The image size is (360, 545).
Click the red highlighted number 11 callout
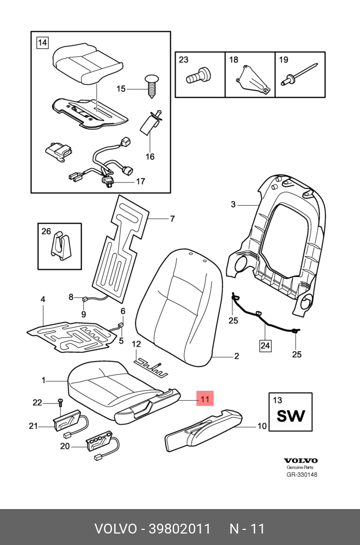(204, 400)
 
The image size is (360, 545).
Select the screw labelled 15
(151, 84)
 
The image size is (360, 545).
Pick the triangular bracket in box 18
(253, 79)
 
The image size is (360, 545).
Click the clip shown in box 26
(60, 244)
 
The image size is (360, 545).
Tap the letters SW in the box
(290, 417)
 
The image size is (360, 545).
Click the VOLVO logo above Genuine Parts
(300, 461)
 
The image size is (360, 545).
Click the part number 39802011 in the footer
(180, 529)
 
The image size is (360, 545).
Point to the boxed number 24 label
(266, 344)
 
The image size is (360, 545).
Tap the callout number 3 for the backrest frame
(233, 205)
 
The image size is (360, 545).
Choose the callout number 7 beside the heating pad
(172, 219)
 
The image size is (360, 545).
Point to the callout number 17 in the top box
(141, 182)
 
